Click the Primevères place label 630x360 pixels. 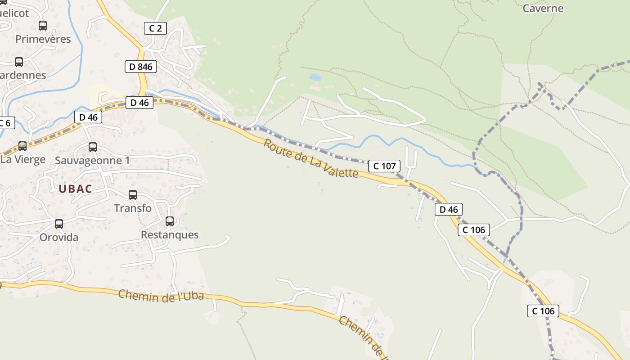click(x=43, y=39)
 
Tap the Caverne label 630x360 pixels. click(x=543, y=9)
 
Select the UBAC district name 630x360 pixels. click(x=75, y=189)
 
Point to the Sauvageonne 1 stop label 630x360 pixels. click(x=92, y=161)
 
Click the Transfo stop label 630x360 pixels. click(x=133, y=208)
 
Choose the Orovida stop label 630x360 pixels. click(x=59, y=237)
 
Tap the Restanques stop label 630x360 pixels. click(x=170, y=235)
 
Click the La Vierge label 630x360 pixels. click(x=23, y=159)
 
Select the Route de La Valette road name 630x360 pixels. click(x=310, y=158)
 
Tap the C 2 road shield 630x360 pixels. click(x=155, y=28)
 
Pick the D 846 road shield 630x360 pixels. click(x=140, y=67)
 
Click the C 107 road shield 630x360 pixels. click(x=384, y=166)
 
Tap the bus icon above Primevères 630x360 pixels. click(x=43, y=26)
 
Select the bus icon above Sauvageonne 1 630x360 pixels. click(x=93, y=147)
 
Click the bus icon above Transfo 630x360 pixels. click(x=133, y=195)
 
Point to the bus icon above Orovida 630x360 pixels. click(x=59, y=224)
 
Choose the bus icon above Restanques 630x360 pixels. click(x=170, y=221)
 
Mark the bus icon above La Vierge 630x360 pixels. click(x=22, y=146)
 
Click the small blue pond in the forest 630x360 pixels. click(x=315, y=77)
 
